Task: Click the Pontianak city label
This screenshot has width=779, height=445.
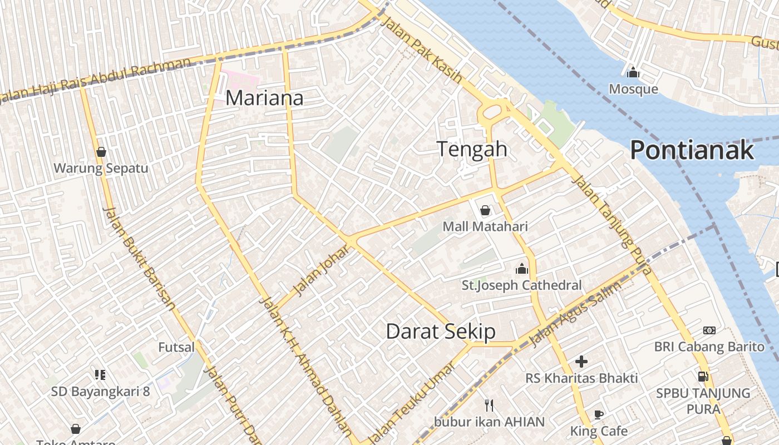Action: [x=692, y=150]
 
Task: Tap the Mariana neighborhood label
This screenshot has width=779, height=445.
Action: [x=264, y=98]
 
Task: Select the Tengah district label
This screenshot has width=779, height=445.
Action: [x=472, y=149]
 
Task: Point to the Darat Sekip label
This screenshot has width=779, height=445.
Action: [x=440, y=332]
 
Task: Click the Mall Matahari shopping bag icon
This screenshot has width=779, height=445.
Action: [x=485, y=210]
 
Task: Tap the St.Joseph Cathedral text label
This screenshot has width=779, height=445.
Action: [x=521, y=285]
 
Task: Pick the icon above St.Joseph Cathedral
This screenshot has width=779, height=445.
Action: [x=521, y=269]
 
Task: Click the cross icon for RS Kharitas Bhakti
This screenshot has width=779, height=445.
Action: [x=581, y=362]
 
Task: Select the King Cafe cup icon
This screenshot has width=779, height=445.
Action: [x=599, y=414]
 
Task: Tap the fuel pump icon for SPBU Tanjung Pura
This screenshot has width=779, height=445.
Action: [x=703, y=376]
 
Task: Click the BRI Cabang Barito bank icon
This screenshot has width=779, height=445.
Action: [x=709, y=330]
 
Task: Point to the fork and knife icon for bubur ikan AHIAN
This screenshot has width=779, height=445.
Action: [x=489, y=405]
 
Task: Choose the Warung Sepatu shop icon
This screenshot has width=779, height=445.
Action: [x=101, y=152]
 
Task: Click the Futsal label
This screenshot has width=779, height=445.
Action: [x=176, y=348]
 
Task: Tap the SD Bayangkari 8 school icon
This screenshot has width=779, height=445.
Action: [x=100, y=375]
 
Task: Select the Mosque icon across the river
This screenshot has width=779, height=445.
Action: [x=633, y=73]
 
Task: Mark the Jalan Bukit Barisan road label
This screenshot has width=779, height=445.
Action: [x=140, y=258]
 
